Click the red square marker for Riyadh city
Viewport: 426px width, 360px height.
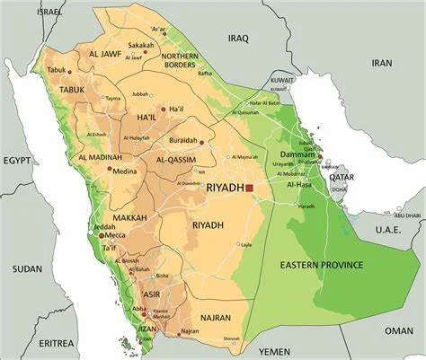pyautogui.click(x=250, y=189)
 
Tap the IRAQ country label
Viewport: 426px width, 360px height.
pyautogui.click(x=238, y=39)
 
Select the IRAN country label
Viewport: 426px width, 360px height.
pyautogui.click(x=383, y=63)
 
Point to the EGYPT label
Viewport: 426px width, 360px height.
pyautogui.click(x=16, y=161)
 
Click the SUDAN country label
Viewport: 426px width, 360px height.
pyautogui.click(x=27, y=268)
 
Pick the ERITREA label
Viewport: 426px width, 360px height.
pyautogui.click(x=57, y=343)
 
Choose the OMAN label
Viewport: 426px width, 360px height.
pyautogui.click(x=398, y=330)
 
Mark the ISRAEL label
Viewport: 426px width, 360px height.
pyautogui.click(x=50, y=12)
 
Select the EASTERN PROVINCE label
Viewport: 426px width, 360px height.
pyautogui.click(x=322, y=265)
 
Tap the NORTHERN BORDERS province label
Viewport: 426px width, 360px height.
pyautogui.click(x=181, y=60)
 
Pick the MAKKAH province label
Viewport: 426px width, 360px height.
pyautogui.click(x=130, y=217)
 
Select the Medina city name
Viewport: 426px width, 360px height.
pyautogui.click(x=125, y=171)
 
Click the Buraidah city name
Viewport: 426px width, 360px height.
pyautogui.click(x=183, y=141)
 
